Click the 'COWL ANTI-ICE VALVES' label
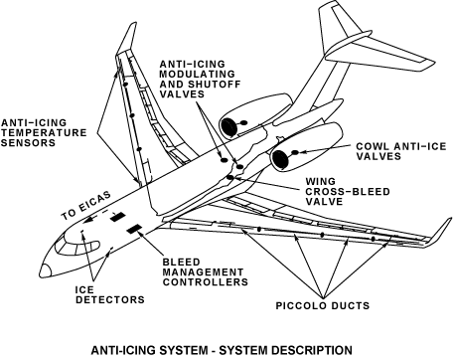pyautogui.click(x=401, y=151)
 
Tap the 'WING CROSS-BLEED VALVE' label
pyautogui.click(x=348, y=192)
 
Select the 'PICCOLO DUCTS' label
pyautogui.click(x=323, y=305)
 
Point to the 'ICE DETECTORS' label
pyautogui.click(x=110, y=294)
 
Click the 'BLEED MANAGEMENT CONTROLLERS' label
pyautogui.click(x=205, y=272)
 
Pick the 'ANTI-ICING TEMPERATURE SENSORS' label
pyautogui.click(x=44, y=132)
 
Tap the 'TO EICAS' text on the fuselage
pyautogui.click(x=85, y=206)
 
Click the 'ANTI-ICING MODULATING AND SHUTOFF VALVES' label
pyautogui.click(x=200, y=79)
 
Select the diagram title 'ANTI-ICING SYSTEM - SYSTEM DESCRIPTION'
pyautogui.click(x=222, y=350)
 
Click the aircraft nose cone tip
pyautogui.click(x=41, y=273)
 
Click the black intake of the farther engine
pyautogui.click(x=228, y=127)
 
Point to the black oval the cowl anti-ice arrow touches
pyautogui.click(x=295, y=152)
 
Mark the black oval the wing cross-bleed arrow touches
pyautogui.click(x=230, y=178)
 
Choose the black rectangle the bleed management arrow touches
pyautogui.click(x=135, y=229)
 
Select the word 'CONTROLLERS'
pyautogui.click(x=205, y=282)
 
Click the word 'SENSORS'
pyautogui.click(x=28, y=142)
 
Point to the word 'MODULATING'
pyautogui.click(x=198, y=74)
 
